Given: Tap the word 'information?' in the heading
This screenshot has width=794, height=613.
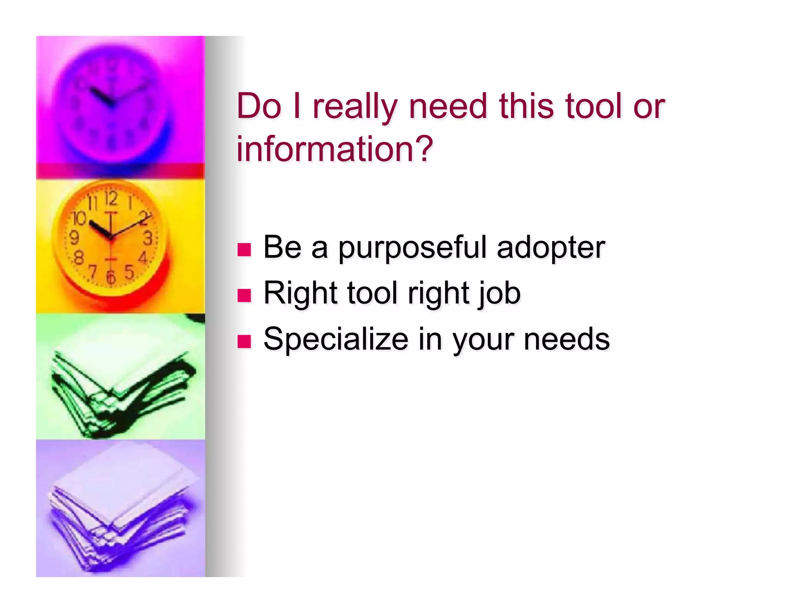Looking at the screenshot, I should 335,149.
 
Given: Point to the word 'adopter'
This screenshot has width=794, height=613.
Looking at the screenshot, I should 551,248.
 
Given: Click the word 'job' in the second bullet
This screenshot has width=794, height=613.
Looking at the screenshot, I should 500,294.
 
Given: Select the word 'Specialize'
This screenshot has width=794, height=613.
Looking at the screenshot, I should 336,339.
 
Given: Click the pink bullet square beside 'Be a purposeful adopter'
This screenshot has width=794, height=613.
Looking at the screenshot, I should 244,250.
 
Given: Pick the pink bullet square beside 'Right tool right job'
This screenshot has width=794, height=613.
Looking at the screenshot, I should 244,295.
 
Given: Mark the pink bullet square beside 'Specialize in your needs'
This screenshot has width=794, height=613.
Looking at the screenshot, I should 244,341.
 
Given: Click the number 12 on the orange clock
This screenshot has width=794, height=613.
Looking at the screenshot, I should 111,199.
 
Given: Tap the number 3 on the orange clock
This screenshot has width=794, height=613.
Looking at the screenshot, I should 148,238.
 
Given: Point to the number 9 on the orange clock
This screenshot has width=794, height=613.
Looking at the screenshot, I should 74,238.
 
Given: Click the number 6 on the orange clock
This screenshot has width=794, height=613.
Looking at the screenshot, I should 111,277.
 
